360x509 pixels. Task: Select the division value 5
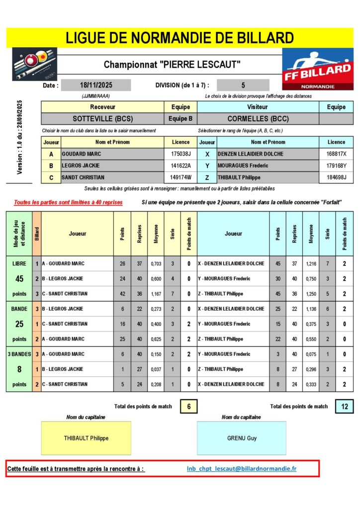pos(243,85)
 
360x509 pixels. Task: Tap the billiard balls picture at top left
pos(27,64)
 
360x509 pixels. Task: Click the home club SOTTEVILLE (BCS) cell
pos(102,119)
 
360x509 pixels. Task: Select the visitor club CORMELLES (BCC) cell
pos(258,119)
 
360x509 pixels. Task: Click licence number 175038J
pos(180,154)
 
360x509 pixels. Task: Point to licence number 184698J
pos(336,177)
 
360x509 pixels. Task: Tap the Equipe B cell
pos(180,119)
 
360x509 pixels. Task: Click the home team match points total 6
pos(189,406)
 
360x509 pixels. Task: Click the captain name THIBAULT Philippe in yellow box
pos(87,438)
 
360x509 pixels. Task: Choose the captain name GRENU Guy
pos(242,438)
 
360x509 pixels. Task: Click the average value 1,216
pos(311,263)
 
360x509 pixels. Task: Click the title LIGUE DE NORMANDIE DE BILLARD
pos(180,37)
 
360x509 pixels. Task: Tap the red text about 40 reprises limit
pos(68,202)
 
